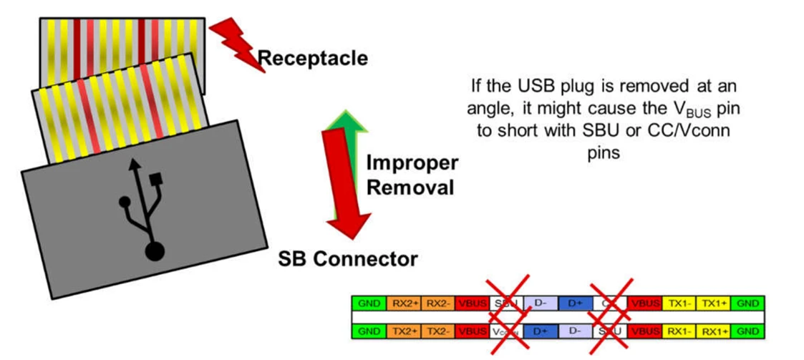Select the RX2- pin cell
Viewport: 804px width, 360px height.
pos(439,303)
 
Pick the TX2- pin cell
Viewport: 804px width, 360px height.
pos(439,332)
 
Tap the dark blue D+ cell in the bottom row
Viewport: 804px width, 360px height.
pos(541,332)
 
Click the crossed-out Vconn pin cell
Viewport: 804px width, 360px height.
pos(507,332)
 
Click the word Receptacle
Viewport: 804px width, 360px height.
pos(312,58)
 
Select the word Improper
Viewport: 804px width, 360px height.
pos(412,163)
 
